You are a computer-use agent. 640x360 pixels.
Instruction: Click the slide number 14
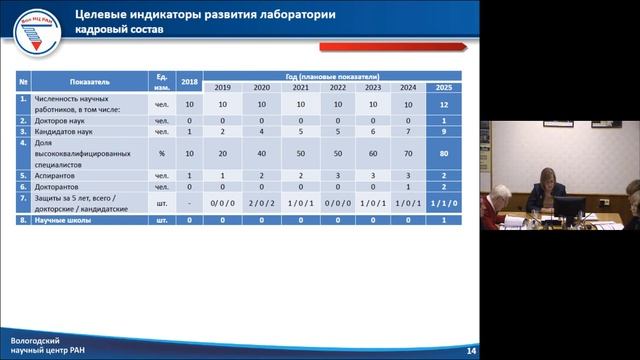(x=470, y=351)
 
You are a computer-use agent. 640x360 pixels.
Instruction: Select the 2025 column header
(x=443, y=87)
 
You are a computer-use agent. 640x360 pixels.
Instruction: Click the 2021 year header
(x=299, y=87)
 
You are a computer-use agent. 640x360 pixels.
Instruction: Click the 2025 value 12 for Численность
(x=443, y=103)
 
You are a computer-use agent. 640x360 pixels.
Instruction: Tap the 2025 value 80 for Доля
(x=443, y=153)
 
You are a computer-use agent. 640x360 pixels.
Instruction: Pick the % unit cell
(x=161, y=153)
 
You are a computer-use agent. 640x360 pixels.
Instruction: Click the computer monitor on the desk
(x=570, y=209)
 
